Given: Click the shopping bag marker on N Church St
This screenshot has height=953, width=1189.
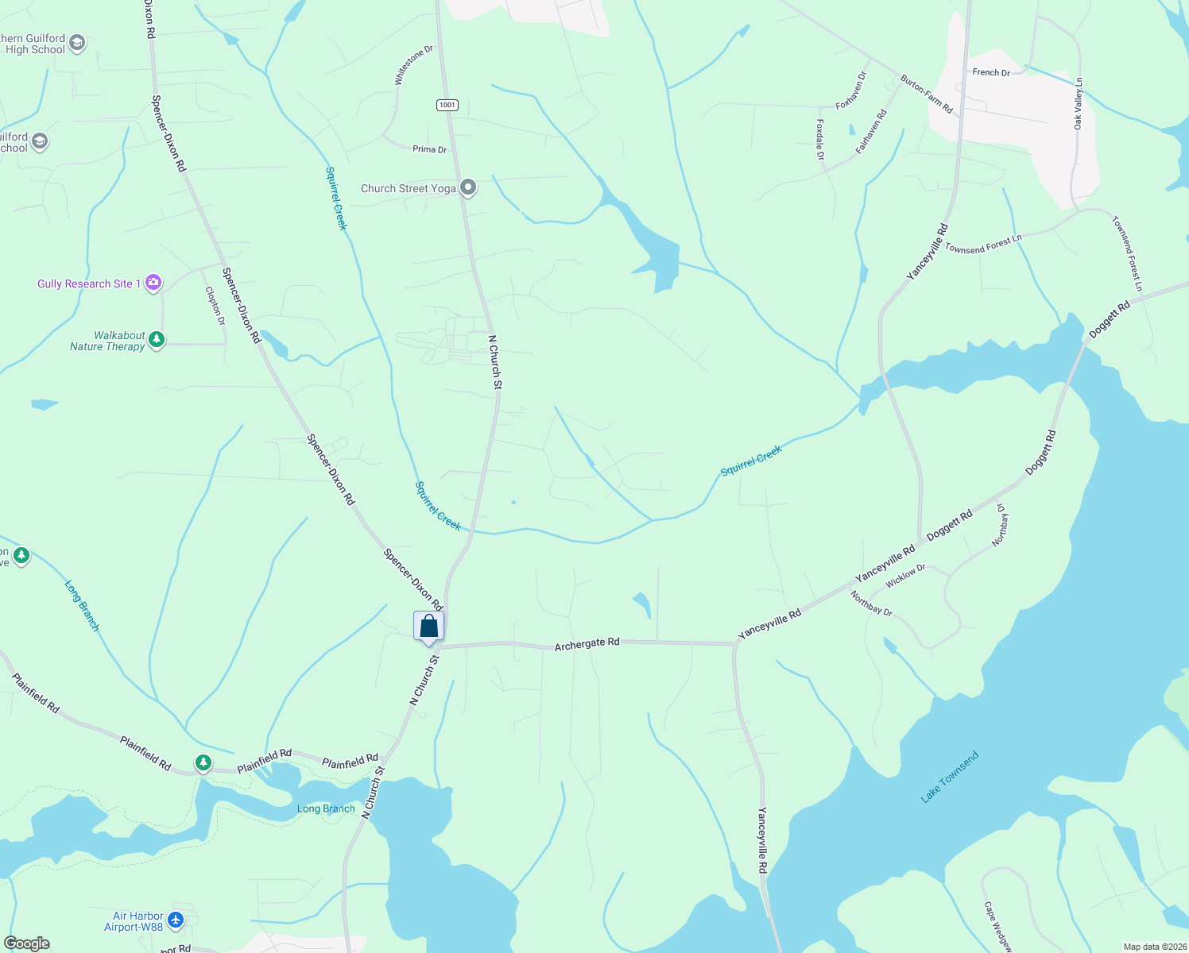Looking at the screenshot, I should [x=428, y=626].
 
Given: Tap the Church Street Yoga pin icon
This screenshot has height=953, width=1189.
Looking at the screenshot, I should [x=469, y=188].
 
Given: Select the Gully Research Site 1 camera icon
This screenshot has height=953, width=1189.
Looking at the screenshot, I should [x=153, y=283].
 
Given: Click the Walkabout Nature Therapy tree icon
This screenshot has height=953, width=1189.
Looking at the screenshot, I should [x=157, y=341].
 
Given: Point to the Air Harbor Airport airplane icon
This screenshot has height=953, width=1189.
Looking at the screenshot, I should [x=176, y=920].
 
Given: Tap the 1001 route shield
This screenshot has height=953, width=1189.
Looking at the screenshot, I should [x=447, y=105].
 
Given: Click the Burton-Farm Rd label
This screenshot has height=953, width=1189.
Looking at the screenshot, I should [x=926, y=95].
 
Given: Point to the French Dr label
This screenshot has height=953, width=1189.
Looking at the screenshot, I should [x=991, y=72].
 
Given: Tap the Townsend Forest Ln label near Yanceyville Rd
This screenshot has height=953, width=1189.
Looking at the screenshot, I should [x=983, y=244].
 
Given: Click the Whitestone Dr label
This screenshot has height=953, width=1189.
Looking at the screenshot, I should [x=414, y=65].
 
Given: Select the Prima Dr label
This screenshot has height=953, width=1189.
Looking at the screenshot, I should [x=429, y=149].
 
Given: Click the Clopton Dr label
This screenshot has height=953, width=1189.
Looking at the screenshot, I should [x=215, y=306].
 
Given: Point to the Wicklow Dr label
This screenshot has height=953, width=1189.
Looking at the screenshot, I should [x=905, y=576].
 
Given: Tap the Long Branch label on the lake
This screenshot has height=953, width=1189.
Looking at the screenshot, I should [x=326, y=808].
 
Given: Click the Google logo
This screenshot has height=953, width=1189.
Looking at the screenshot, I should [x=27, y=943].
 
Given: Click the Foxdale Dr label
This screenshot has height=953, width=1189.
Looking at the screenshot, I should [x=820, y=140].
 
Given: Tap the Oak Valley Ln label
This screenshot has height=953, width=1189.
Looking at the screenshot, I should [x=1079, y=104].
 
